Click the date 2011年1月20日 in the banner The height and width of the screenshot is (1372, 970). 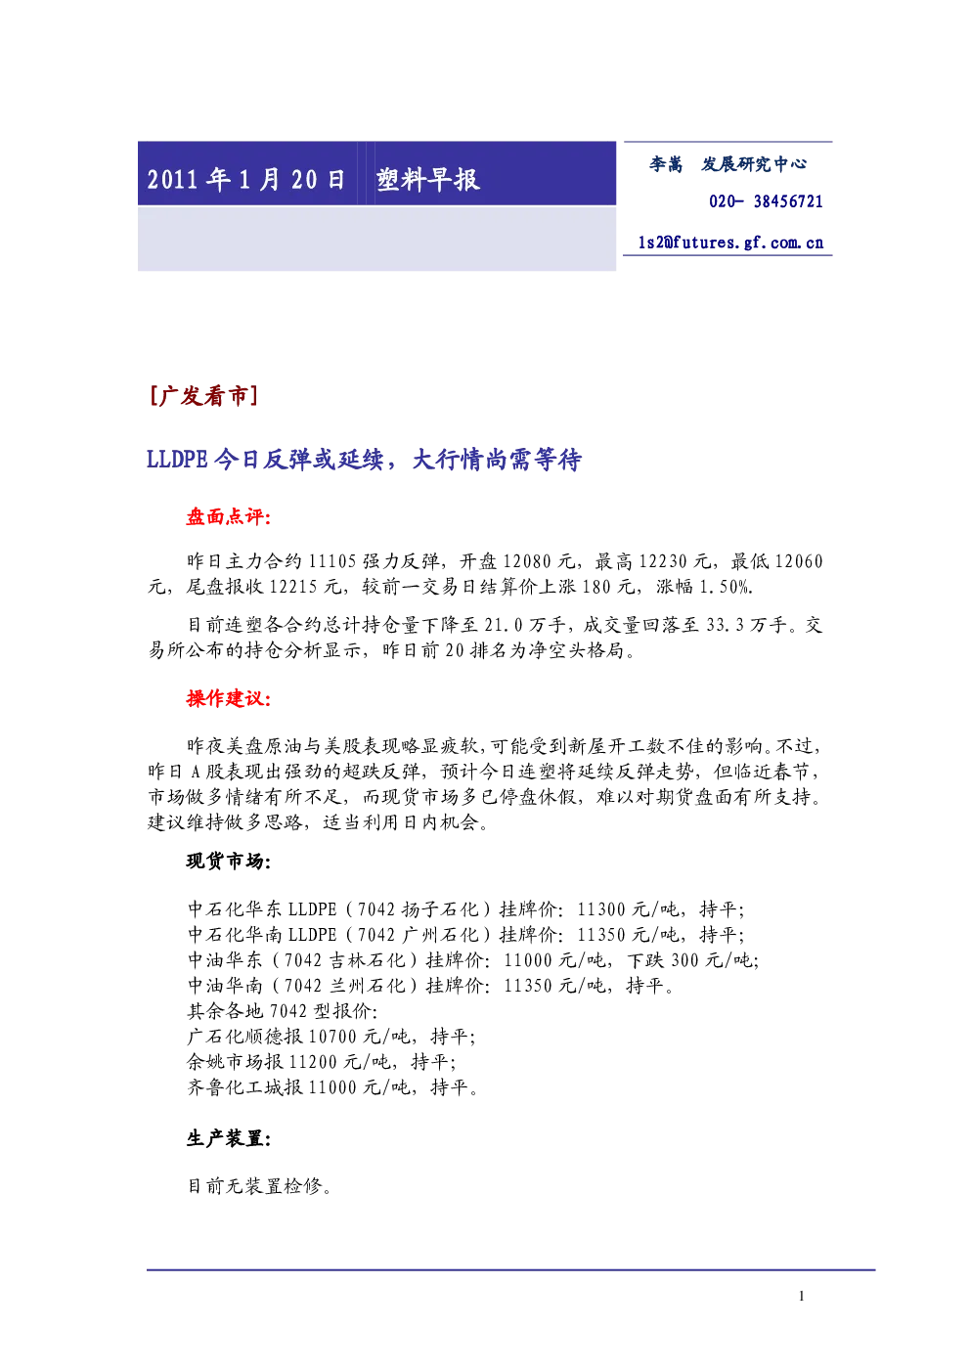pos(245,180)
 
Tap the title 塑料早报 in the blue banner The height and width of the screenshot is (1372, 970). pos(428,180)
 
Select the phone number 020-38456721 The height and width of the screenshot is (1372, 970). pos(766,201)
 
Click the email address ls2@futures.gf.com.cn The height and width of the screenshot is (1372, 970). pos(730,243)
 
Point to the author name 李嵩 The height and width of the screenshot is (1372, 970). pos(666,164)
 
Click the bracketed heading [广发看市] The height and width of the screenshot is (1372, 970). pos(203,396)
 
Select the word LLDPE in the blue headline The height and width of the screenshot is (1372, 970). pos(178,459)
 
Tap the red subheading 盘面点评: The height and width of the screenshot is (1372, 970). pos(229,517)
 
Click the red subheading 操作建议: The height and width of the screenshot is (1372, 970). pos(229,698)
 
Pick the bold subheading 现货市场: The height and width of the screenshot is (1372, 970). pos(229,862)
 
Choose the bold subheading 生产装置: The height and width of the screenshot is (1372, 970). pos(229,1138)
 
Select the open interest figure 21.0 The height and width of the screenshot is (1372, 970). pos(504,625)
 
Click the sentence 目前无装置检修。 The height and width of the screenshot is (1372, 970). pos(260,1186)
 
